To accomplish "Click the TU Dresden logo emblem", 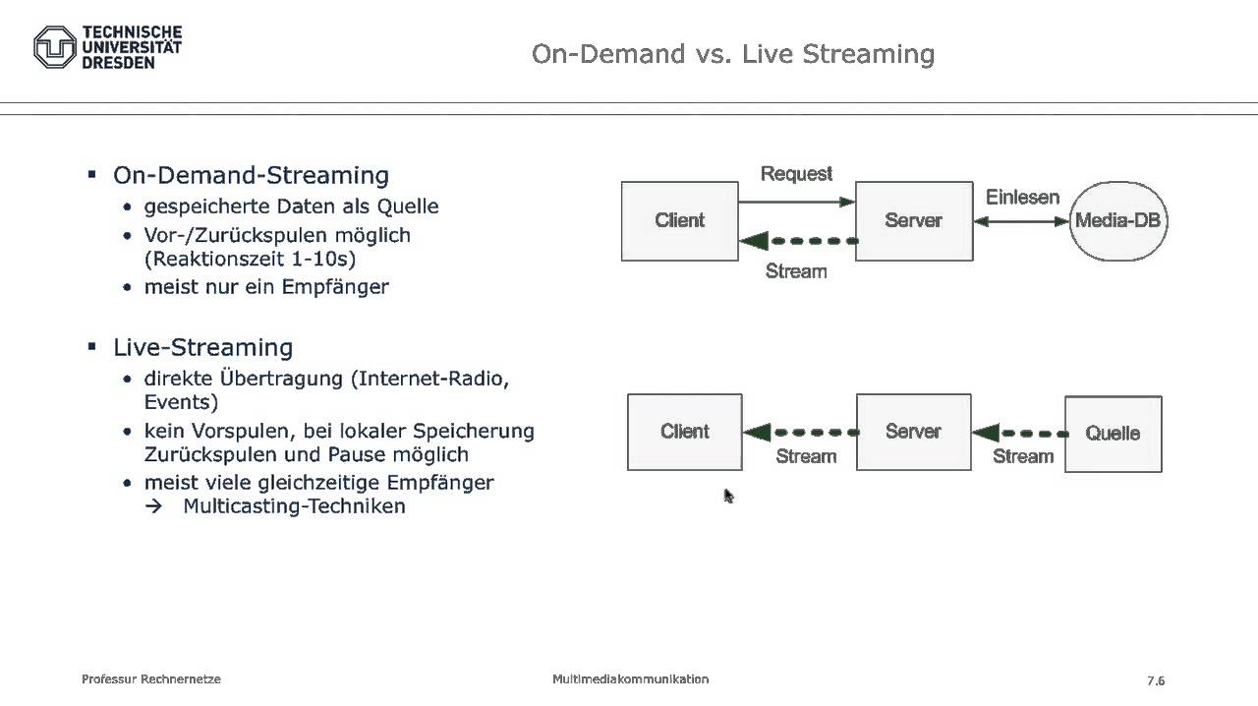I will (x=55, y=47).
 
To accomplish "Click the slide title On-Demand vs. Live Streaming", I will (x=732, y=53).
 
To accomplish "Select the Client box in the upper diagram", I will (x=679, y=221).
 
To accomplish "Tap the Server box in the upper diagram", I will (x=913, y=221).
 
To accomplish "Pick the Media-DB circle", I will (x=1117, y=221).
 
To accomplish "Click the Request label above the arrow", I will (x=796, y=174).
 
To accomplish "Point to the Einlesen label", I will (x=1022, y=197).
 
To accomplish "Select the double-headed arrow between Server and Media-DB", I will (x=1021, y=221).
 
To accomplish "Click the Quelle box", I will (x=1113, y=434).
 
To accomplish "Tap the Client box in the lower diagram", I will (x=684, y=432).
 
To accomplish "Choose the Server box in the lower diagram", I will (x=913, y=432).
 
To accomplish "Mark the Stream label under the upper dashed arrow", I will (x=796, y=271).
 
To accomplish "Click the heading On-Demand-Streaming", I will (x=251, y=175).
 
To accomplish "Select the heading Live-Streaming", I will (x=202, y=347).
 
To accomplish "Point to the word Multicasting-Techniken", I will (x=294, y=506).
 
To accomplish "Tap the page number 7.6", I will (x=1155, y=680).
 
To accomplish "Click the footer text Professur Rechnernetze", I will (x=151, y=679).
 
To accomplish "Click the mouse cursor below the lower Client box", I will (x=728, y=496).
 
